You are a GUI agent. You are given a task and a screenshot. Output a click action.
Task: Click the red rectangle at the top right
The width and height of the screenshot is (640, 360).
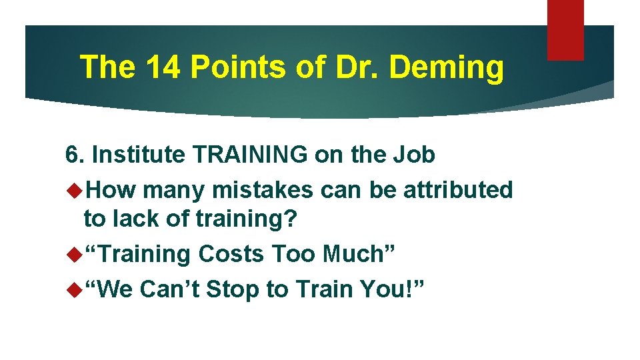coord(565,29)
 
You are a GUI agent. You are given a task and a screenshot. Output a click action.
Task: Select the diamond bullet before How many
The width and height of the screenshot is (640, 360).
coord(74,190)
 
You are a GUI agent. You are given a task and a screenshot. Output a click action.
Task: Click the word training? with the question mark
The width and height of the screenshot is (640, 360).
coord(240,219)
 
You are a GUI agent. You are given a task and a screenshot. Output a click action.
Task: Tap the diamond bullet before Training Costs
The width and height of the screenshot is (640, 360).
coord(74,253)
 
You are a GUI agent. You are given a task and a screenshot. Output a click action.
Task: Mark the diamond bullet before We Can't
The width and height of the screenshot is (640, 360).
coord(74,289)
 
